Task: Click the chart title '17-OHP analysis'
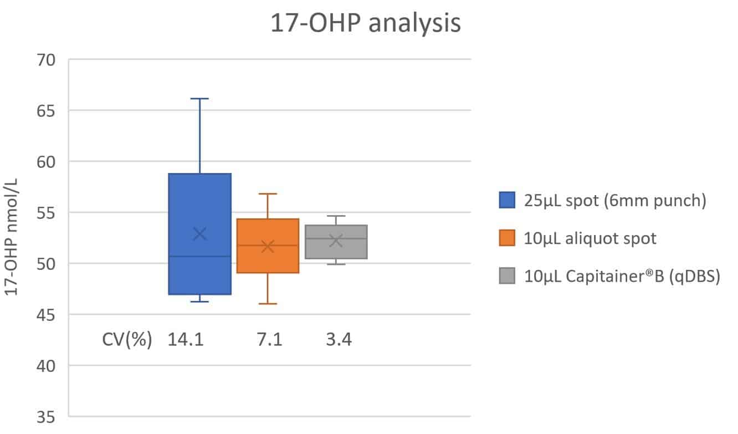pos(365,24)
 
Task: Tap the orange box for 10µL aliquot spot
pos(268,261)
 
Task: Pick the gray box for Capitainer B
pos(336,249)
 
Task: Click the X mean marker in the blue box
pos(199,234)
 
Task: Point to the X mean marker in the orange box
pos(268,246)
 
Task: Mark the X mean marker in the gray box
pos(336,240)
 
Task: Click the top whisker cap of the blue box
pos(199,99)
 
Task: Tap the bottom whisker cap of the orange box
pos(268,304)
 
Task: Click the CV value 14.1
pos(186,339)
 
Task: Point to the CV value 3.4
pos(338,339)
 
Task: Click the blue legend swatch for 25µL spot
pos(507,200)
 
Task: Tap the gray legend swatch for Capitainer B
pos(507,275)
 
